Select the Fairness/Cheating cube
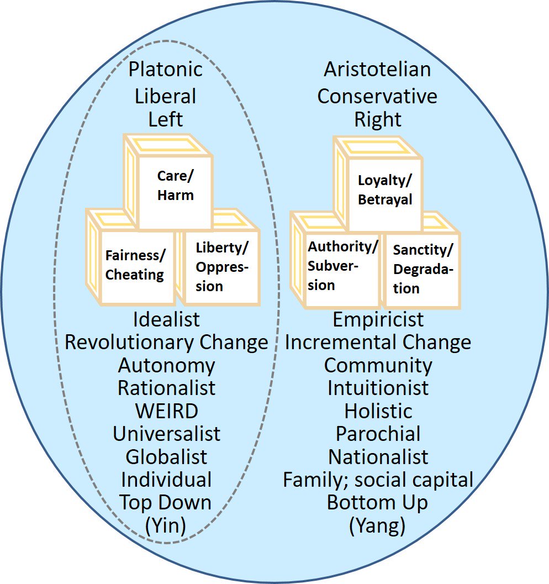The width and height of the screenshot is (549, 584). tap(134, 265)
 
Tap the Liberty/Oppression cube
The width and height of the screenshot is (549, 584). tap(221, 266)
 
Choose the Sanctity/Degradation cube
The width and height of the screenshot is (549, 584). tap(423, 268)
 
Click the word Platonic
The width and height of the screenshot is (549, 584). tap(166, 70)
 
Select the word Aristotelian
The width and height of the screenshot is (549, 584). tap(377, 70)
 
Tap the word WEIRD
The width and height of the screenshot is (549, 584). tap(166, 411)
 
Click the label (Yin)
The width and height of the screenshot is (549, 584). tap(166, 526)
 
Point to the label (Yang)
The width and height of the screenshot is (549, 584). tap(378, 526)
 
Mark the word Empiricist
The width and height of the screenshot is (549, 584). tap(378, 319)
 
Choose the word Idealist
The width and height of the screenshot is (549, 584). tap(166, 319)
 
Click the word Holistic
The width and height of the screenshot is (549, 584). tap(378, 411)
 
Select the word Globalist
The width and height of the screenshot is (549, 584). tap(166, 457)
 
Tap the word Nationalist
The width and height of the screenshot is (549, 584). tap(378, 457)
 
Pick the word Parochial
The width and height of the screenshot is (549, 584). tap(378, 434)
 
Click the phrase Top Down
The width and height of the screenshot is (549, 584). tap(166, 503)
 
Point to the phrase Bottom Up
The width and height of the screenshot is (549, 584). tap(378, 503)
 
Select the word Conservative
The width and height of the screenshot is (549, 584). tap(377, 96)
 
